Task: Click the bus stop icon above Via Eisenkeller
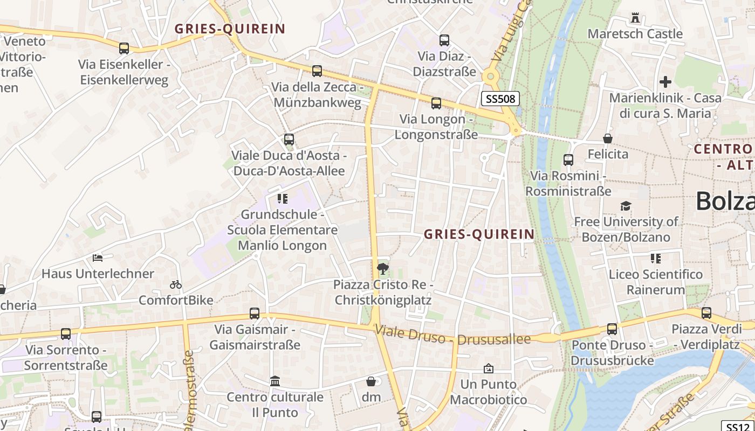(124, 48)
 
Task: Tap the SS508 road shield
(500, 99)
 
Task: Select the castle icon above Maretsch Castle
(635, 18)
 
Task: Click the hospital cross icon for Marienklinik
(665, 82)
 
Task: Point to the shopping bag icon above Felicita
(608, 139)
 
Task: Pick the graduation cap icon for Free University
(626, 206)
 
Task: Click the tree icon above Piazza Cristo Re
(383, 268)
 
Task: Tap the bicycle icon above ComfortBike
(176, 284)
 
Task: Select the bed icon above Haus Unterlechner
(98, 258)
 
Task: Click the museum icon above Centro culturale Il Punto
(275, 381)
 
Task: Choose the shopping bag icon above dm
(371, 381)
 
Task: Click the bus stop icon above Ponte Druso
(612, 329)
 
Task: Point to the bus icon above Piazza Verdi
(706, 313)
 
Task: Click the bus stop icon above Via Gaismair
(255, 314)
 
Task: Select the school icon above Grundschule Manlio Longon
(283, 199)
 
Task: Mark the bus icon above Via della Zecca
(317, 71)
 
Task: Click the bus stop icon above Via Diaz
(444, 40)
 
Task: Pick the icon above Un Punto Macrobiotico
(489, 369)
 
